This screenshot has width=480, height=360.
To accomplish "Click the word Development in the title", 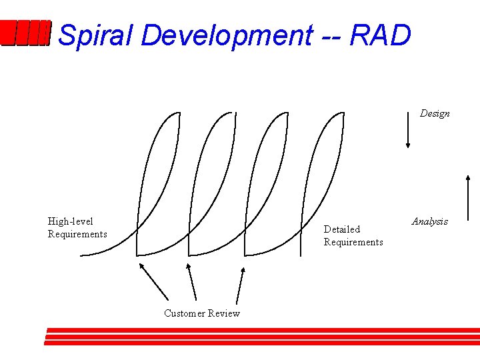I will click(226, 35).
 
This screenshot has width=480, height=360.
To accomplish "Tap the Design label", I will click(435, 114).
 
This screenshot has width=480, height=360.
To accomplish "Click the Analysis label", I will click(430, 221).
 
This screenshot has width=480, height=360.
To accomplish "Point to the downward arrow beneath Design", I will click(408, 129).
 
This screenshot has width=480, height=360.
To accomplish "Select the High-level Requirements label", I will click(77, 227).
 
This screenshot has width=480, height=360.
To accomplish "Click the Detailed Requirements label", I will click(353, 235).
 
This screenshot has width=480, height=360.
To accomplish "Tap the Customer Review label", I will click(202, 313).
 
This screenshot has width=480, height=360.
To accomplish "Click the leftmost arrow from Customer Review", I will click(154, 281).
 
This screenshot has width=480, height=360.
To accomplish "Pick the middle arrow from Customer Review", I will click(191, 282).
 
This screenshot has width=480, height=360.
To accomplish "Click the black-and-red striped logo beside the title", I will click(25, 34).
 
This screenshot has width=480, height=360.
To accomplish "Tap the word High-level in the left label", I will click(71, 221).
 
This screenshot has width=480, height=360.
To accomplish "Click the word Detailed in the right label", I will click(341, 229).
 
